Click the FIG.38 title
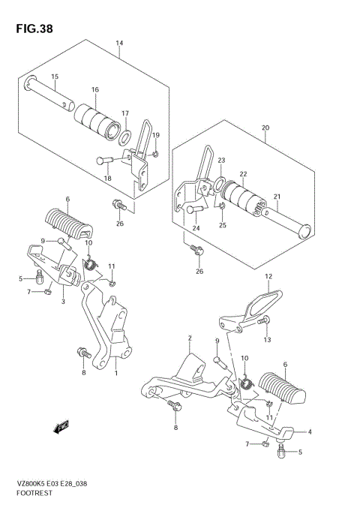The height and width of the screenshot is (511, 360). pyautogui.click(x=34, y=29)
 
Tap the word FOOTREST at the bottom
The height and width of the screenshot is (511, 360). pyautogui.click(x=34, y=493)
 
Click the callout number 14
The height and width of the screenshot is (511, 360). pyautogui.click(x=119, y=43)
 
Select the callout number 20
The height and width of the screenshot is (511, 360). pyautogui.click(x=265, y=128)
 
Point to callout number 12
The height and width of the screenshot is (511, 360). pyautogui.click(x=268, y=276)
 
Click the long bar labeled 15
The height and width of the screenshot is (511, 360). pyautogui.click(x=49, y=94)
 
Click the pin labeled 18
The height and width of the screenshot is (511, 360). pyautogui.click(x=104, y=161)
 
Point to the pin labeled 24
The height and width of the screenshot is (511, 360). pyautogui.click(x=195, y=209)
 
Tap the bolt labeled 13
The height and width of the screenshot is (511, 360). pyautogui.click(x=264, y=320)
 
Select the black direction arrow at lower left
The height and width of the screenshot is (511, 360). pyautogui.click(x=61, y=427)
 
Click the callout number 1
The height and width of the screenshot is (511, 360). pyautogui.click(x=115, y=372)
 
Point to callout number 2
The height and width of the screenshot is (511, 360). pyautogui.click(x=190, y=338)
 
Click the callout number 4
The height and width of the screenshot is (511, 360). pyautogui.click(x=310, y=431)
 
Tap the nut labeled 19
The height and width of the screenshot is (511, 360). pyautogui.click(x=155, y=154)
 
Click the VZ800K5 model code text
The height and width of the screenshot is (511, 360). pyautogui.click(x=31, y=484)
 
